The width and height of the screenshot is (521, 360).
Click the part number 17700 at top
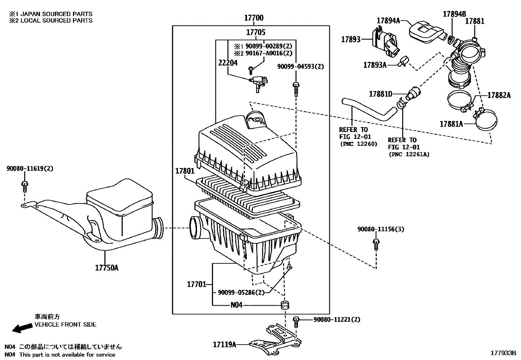coord(254,18)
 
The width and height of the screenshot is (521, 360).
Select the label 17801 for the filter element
coord(185,171)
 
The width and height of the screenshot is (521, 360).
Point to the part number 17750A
coord(107,268)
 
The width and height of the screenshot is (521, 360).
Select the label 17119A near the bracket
coord(225,344)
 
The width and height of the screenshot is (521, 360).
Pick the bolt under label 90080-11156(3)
coord(376,244)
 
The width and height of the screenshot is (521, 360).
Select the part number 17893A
coord(375,65)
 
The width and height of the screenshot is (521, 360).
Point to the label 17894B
coord(454,14)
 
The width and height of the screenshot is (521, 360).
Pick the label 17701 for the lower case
coord(196,284)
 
